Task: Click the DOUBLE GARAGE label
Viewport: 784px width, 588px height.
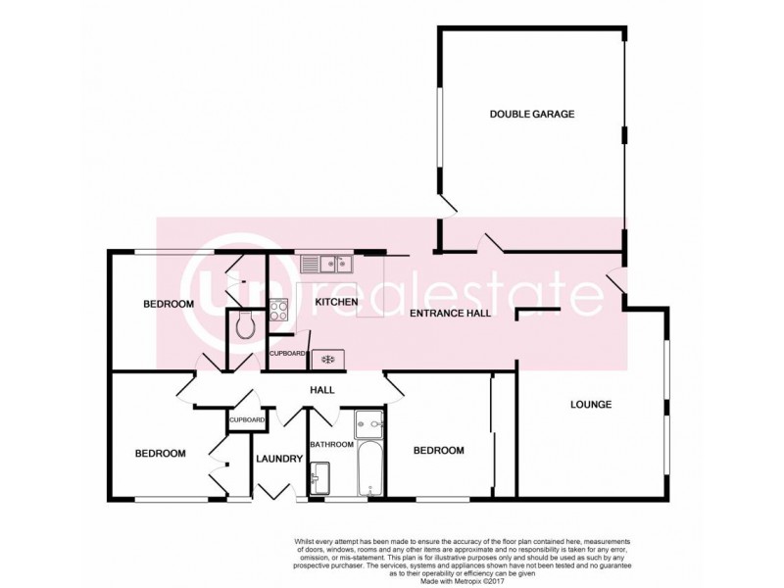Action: pyautogui.click(x=532, y=115)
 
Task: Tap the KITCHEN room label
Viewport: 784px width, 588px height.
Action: pyautogui.click(x=335, y=302)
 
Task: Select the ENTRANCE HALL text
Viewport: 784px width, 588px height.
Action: pyautogui.click(x=450, y=314)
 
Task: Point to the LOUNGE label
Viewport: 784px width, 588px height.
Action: pyautogui.click(x=591, y=404)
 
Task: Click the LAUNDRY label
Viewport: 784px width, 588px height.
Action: pyautogui.click(x=278, y=458)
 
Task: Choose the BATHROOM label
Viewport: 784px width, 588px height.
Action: pyautogui.click(x=331, y=444)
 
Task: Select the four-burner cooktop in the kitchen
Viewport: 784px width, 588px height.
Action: pyautogui.click(x=277, y=311)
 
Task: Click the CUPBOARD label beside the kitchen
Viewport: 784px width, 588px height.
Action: pyautogui.click(x=288, y=353)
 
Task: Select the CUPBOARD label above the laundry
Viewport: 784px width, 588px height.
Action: pyautogui.click(x=246, y=420)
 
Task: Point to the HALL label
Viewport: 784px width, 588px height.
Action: pyautogui.click(x=323, y=390)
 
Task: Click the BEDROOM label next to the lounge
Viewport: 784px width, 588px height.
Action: pyautogui.click(x=438, y=451)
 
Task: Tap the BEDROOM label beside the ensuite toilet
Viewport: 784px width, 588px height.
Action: pyautogui.click(x=169, y=304)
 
